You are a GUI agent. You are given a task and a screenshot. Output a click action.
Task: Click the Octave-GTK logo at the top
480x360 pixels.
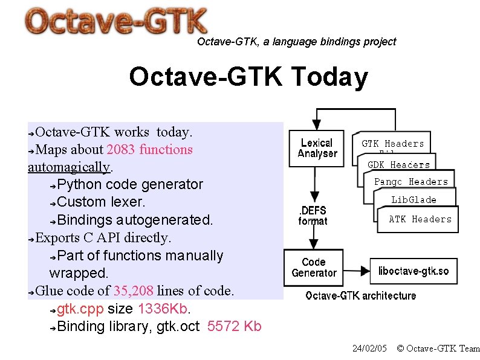click(116, 22)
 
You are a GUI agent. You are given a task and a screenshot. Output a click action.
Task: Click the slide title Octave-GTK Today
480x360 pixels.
click(248, 77)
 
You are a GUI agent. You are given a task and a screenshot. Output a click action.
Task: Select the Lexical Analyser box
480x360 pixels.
click(317, 148)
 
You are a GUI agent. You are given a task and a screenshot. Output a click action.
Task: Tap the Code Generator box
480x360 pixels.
click(313, 267)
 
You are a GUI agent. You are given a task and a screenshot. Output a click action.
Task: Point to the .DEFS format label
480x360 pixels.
click(313, 216)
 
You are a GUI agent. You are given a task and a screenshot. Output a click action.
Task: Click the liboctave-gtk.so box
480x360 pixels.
click(414, 271)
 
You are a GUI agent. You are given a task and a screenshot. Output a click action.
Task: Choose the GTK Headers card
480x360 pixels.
click(392, 144)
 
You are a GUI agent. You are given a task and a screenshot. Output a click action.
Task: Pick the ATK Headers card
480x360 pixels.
click(420, 219)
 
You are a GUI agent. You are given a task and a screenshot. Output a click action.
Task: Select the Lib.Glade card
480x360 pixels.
click(414, 200)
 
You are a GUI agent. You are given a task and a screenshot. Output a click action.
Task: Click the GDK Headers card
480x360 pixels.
click(399, 164)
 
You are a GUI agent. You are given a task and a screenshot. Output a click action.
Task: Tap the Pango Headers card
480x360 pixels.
click(411, 181)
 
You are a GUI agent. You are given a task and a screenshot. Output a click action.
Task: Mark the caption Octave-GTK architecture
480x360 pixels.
click(360, 295)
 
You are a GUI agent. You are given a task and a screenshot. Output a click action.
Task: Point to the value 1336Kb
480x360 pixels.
click(163, 309)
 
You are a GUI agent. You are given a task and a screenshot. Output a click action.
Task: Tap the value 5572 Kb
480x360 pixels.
click(234, 327)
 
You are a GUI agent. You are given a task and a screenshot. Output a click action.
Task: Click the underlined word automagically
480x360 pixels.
click(69, 166)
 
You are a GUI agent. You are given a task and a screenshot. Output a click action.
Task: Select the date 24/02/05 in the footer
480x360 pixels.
click(369, 349)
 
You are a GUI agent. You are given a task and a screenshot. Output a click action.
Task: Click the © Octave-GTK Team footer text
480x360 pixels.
click(438, 349)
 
